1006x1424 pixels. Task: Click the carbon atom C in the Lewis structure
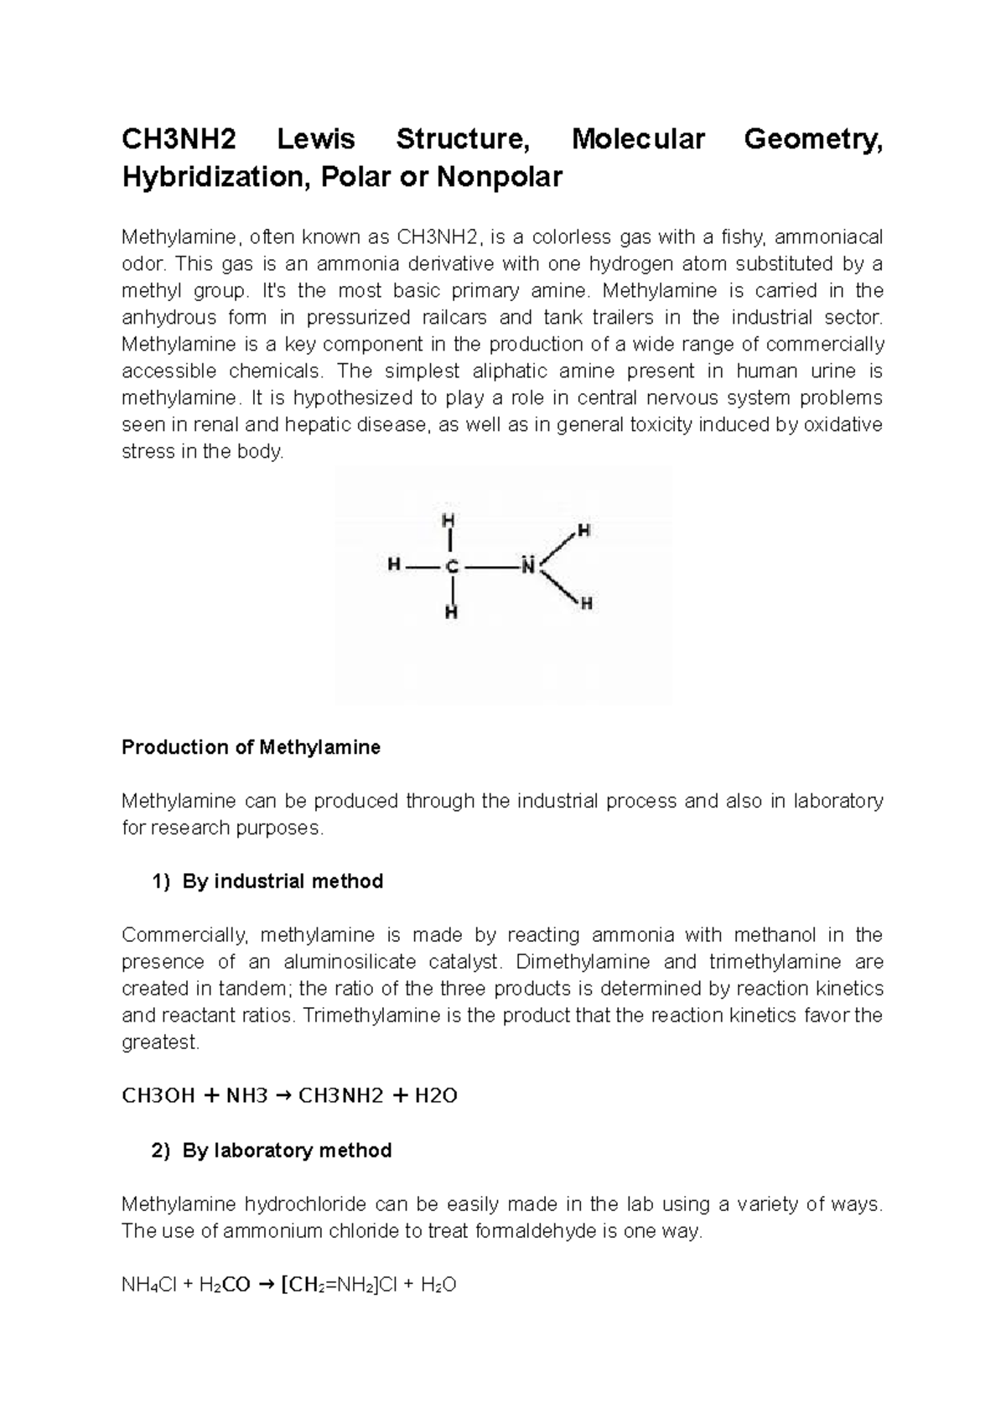(x=452, y=567)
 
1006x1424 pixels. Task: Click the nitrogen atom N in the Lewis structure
(x=527, y=566)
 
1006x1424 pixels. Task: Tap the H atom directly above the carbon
(x=451, y=521)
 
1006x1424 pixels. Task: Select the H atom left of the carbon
(x=393, y=566)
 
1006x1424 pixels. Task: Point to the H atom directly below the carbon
(x=451, y=612)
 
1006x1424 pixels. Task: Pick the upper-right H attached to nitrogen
(x=584, y=530)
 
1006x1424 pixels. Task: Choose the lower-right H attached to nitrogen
(x=587, y=603)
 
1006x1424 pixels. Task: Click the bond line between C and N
(x=490, y=567)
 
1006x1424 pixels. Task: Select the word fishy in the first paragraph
(x=744, y=237)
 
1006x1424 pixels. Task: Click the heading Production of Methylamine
(x=251, y=747)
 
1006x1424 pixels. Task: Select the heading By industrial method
(x=283, y=881)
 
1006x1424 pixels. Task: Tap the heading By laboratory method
(x=287, y=1151)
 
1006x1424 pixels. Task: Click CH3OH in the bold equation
(x=158, y=1096)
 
